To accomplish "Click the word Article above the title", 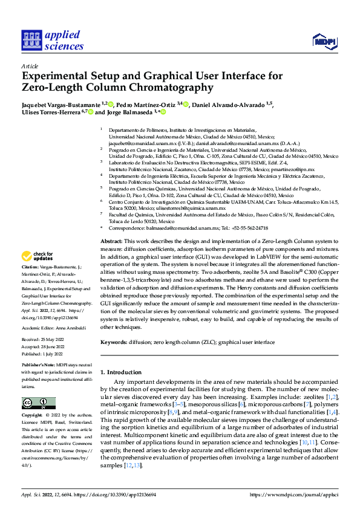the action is coord(29,66).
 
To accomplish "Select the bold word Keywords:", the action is coord(113,343).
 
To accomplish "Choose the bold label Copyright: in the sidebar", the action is coord(32,417).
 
